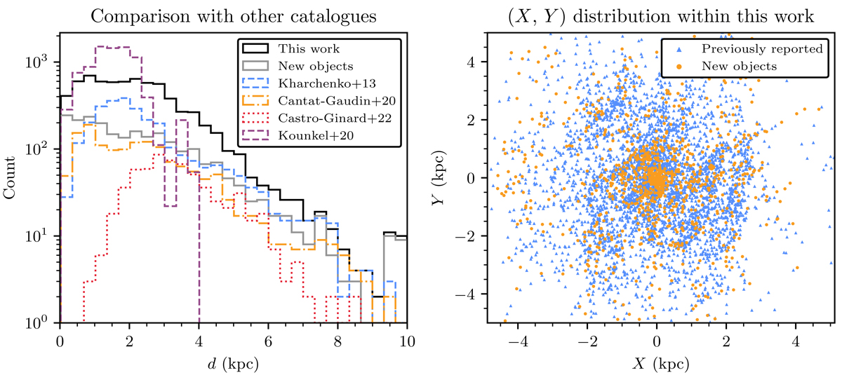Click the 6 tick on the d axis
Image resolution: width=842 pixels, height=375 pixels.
[x=269, y=343]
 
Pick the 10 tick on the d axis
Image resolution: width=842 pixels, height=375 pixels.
[x=407, y=343]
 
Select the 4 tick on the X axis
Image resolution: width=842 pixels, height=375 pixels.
[x=795, y=343]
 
